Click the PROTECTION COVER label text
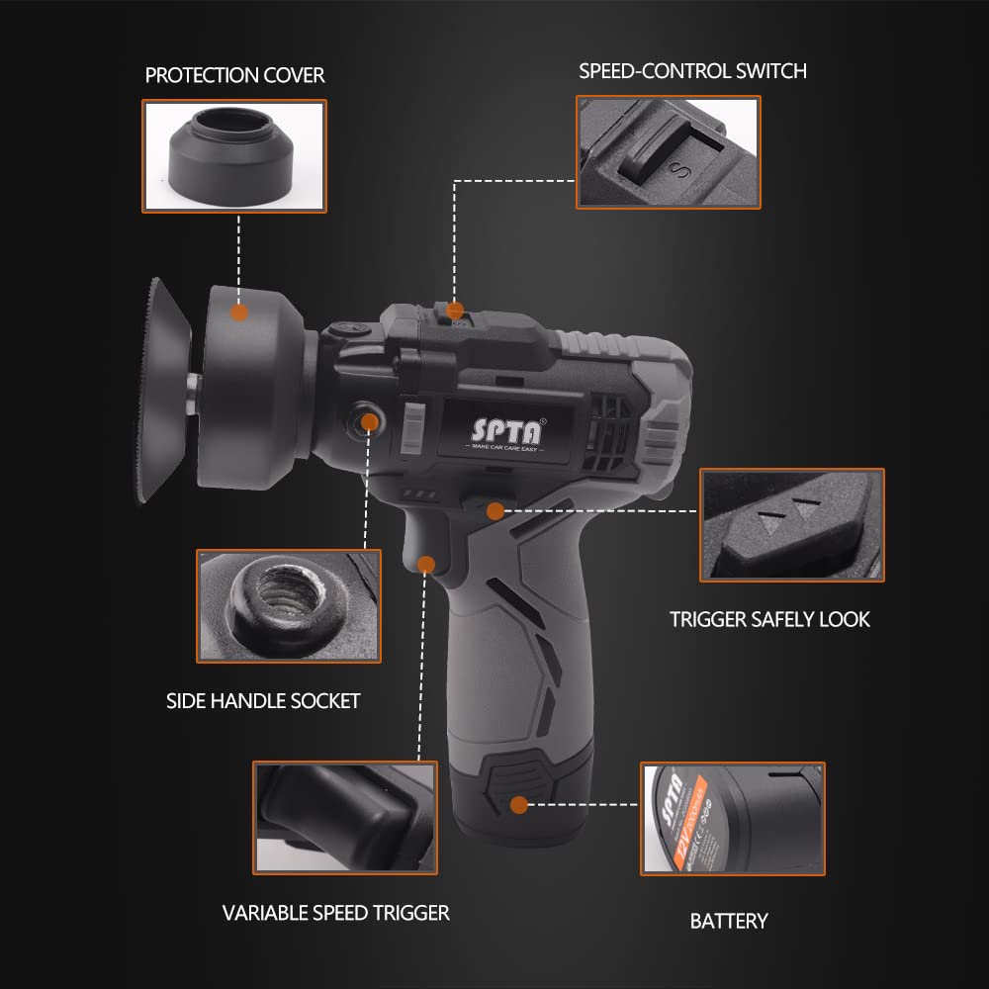click(x=234, y=75)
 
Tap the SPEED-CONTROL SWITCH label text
click(x=692, y=70)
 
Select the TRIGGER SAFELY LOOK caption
click(x=769, y=619)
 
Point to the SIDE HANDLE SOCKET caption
click(x=263, y=700)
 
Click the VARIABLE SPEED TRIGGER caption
click(x=335, y=912)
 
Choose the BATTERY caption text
click(x=729, y=921)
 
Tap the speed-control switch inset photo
click(x=669, y=151)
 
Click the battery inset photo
click(x=732, y=818)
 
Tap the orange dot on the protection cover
click(x=238, y=313)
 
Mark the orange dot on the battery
click(x=519, y=805)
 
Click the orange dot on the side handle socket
click(x=370, y=421)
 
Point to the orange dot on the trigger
click(x=426, y=564)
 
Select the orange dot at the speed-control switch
click(x=455, y=311)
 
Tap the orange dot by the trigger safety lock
click(x=494, y=510)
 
